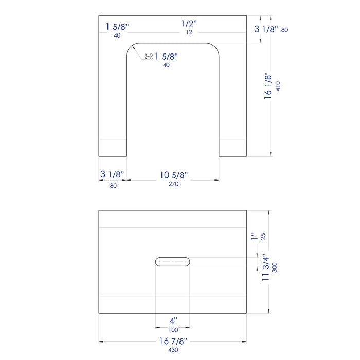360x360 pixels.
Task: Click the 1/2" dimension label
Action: pos(189,24)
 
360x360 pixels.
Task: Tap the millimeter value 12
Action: pos(189,32)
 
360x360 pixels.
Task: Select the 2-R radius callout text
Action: pos(148,56)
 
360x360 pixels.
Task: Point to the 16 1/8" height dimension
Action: pos(268,86)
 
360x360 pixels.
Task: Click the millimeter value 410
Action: pos(278,86)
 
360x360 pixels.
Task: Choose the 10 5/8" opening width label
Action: pos(174,175)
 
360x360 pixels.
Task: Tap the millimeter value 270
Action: pos(174,184)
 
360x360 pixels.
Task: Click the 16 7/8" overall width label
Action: pos(174,341)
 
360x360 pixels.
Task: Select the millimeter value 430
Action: pos(173,350)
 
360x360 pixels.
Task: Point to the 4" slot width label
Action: pos(174,321)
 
